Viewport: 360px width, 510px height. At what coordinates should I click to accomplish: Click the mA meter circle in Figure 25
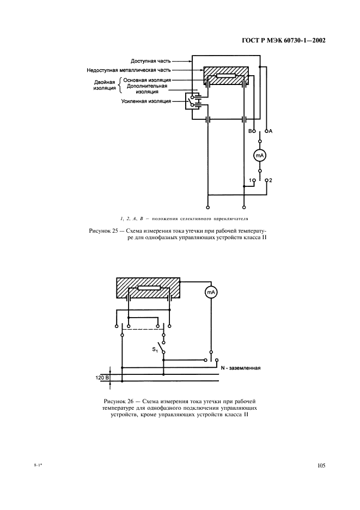(x=259, y=156)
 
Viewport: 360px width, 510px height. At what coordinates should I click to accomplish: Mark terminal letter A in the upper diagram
(x=271, y=131)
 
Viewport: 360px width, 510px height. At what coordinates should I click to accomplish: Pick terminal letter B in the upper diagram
(x=250, y=131)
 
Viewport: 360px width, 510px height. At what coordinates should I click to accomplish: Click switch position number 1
(x=250, y=180)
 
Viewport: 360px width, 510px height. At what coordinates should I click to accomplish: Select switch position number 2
(x=271, y=180)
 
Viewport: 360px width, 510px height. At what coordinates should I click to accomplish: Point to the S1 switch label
(x=155, y=348)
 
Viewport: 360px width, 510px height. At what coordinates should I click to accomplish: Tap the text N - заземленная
(x=241, y=368)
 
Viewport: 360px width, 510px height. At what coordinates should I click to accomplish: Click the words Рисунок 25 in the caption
(x=103, y=231)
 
